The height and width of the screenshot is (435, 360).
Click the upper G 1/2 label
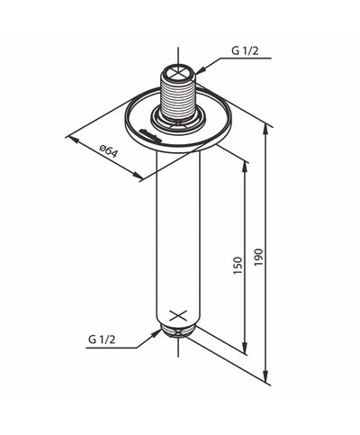(245, 50)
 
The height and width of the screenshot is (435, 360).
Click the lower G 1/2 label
(102, 340)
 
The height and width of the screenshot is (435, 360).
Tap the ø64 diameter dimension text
(109, 151)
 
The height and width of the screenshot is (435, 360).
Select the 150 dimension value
(238, 266)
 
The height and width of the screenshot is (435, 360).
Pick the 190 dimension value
(258, 257)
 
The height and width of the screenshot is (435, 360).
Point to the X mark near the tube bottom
(178, 316)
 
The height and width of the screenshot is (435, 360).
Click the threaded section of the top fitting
(178, 97)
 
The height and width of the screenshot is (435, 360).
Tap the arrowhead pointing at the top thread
(200, 69)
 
